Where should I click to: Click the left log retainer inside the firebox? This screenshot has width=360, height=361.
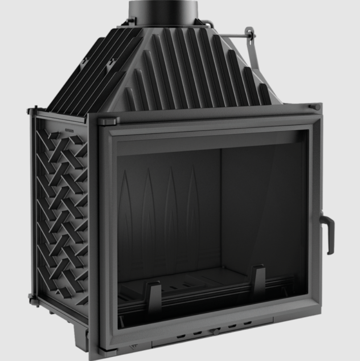[154, 295]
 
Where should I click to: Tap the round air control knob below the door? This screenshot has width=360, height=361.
[216, 331]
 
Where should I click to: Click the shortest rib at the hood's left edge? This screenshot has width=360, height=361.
[129, 98]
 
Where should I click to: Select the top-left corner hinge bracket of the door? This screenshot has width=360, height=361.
[107, 120]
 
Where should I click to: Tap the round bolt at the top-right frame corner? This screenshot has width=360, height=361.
[316, 107]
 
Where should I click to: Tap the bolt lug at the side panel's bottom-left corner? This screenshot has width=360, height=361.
[31, 296]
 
